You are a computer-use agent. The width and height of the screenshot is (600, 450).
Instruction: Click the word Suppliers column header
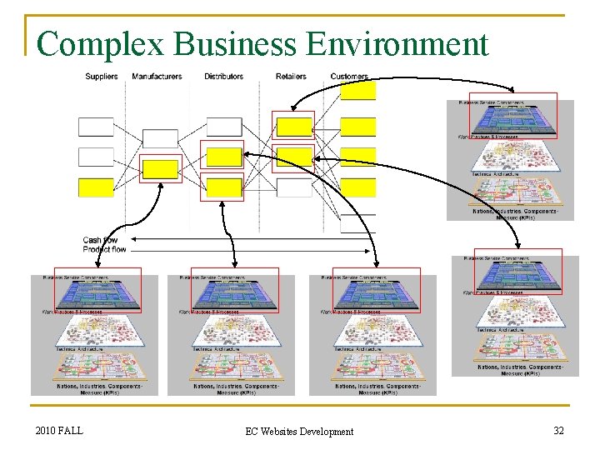(x=101, y=77)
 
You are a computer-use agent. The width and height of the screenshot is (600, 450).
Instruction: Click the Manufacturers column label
(x=157, y=77)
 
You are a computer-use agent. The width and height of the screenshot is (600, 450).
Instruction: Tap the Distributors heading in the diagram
(x=223, y=77)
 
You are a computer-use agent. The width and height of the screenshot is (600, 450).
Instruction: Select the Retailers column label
(x=291, y=77)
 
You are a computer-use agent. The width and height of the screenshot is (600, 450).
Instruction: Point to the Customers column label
(x=349, y=77)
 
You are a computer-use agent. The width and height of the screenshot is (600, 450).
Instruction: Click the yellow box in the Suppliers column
(x=96, y=187)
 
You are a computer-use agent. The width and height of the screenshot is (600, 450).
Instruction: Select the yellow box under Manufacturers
(x=160, y=169)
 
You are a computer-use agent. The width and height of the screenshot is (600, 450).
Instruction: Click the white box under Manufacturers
(x=160, y=138)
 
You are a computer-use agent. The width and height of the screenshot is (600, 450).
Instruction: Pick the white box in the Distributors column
(x=224, y=127)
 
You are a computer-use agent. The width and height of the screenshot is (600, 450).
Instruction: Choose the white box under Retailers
(x=293, y=187)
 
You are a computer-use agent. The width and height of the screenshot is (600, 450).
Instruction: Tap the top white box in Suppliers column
(x=96, y=127)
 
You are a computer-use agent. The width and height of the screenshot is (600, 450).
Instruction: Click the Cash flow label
(x=100, y=241)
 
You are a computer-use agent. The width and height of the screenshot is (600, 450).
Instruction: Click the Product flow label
(x=104, y=250)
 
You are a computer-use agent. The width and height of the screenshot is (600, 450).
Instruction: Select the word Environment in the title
(x=397, y=43)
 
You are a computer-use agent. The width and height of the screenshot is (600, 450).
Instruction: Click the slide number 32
(x=558, y=430)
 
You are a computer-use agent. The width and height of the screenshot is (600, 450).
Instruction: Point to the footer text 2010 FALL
(x=59, y=430)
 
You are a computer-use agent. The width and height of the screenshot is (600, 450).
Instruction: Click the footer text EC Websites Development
(x=299, y=431)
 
